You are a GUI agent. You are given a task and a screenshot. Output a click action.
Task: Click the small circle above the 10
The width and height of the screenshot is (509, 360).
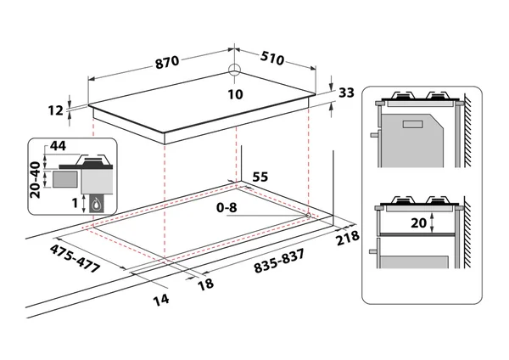pos(235,73)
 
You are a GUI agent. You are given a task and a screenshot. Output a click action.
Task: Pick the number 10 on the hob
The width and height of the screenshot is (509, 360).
pos(236,94)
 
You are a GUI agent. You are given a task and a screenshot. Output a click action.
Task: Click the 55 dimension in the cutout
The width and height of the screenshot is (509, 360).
pos(260,177)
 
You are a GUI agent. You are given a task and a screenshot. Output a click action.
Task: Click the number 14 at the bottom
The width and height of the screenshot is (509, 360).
pos(161,300)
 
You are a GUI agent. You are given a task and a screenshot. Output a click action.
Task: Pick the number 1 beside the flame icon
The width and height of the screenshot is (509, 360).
pos(74,203)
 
